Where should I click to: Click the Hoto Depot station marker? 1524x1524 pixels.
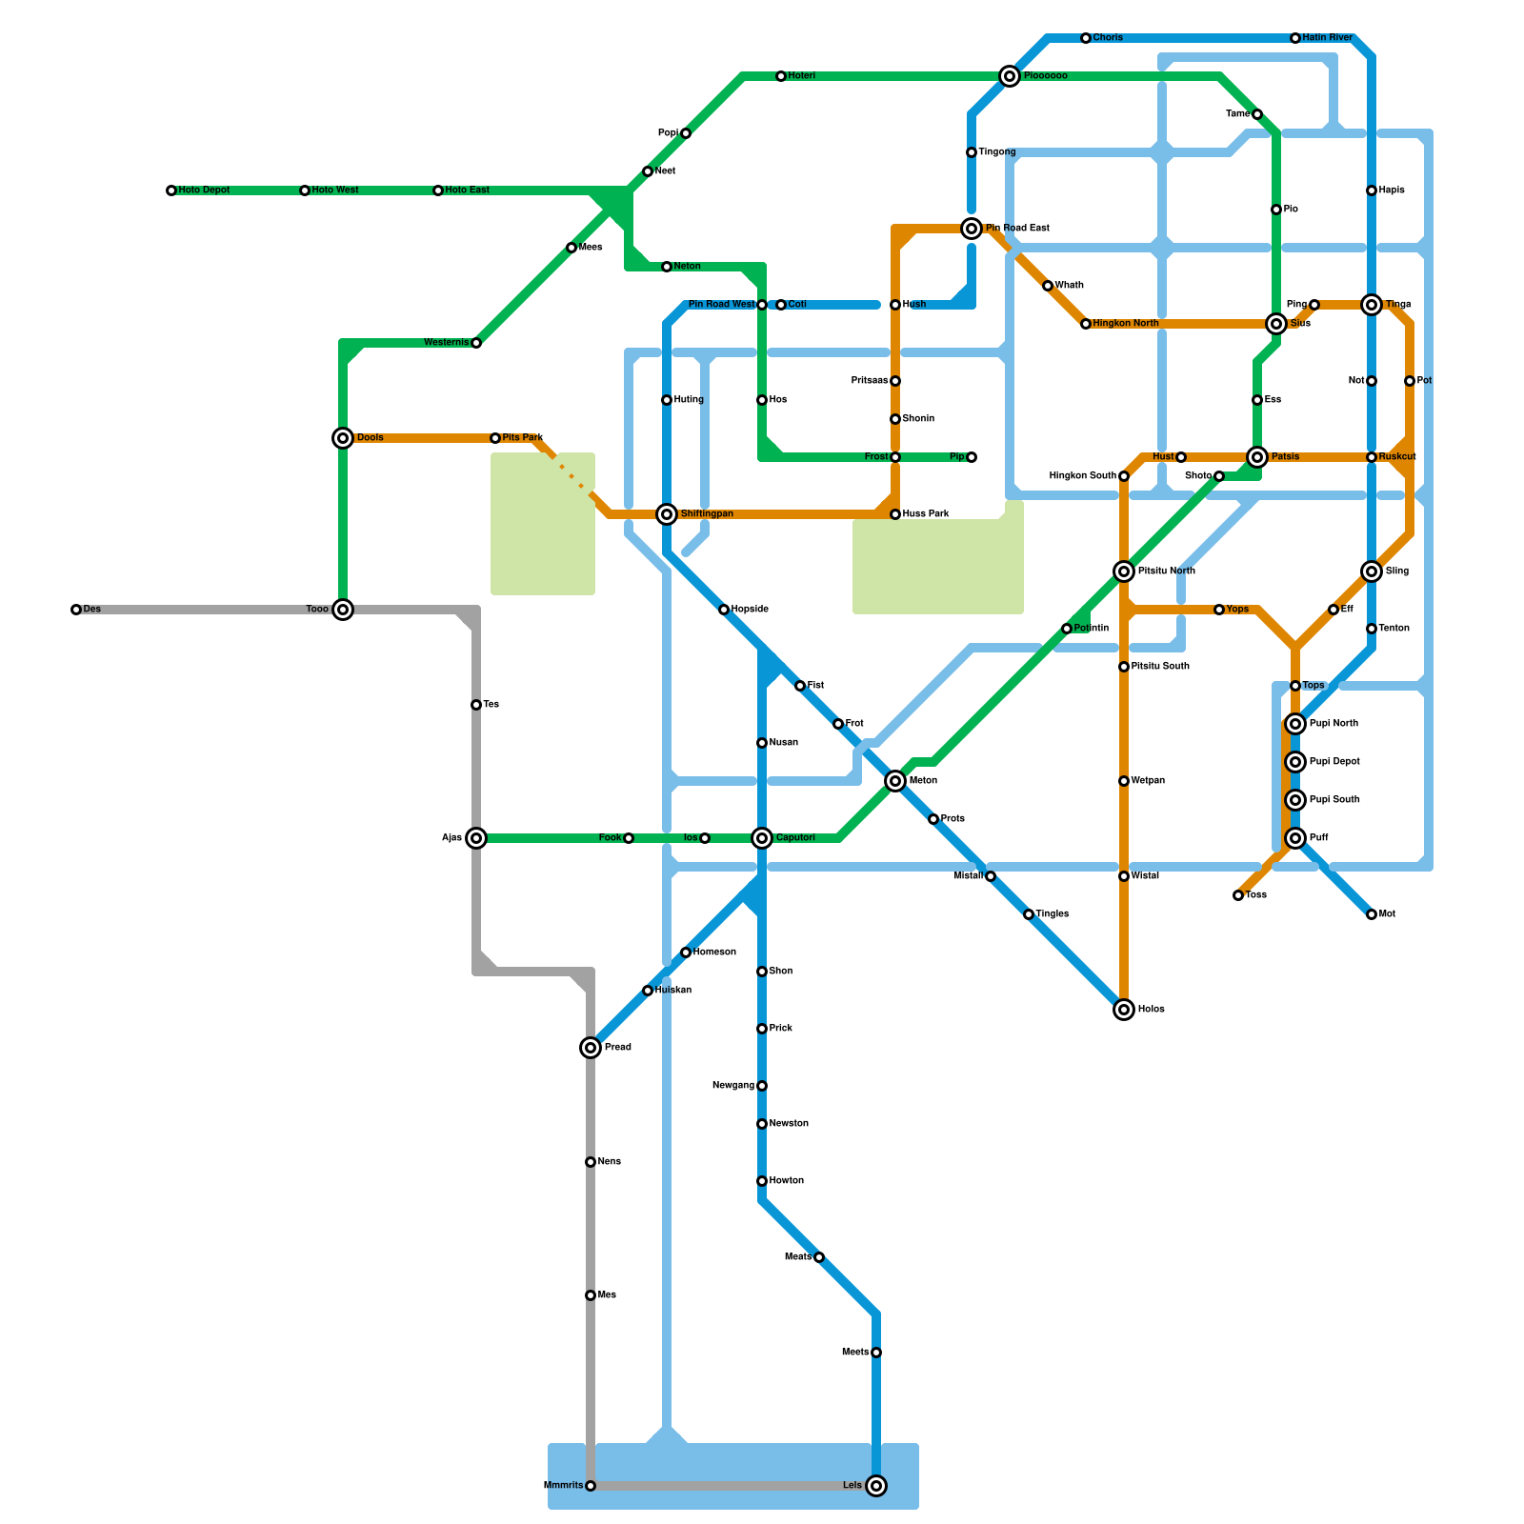tap(171, 190)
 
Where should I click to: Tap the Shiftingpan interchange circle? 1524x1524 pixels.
tap(667, 514)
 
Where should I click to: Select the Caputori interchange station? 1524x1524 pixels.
tap(762, 838)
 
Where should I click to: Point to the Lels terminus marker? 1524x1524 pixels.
tap(876, 1486)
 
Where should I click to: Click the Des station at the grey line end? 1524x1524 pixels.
tap(76, 610)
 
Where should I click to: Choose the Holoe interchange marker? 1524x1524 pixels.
tap(1124, 1010)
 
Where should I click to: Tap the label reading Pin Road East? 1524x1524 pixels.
tap(1017, 229)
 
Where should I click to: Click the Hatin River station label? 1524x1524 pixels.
tap(1327, 38)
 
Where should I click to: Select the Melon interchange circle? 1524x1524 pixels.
tap(895, 781)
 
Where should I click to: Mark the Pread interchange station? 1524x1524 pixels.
tap(591, 1048)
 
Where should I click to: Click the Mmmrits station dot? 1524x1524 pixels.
tap(591, 1486)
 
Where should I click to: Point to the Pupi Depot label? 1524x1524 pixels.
tap(1334, 762)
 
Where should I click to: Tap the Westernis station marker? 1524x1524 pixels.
tap(476, 343)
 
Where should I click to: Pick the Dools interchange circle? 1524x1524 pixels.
tap(343, 438)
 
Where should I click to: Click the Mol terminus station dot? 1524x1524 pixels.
tap(1372, 914)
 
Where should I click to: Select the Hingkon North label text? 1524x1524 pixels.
tap(1125, 324)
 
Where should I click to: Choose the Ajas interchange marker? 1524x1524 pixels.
tap(476, 838)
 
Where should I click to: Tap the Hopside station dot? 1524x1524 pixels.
tap(724, 610)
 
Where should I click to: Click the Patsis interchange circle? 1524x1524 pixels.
tap(1257, 457)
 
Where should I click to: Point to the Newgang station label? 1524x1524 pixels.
tap(733, 1086)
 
